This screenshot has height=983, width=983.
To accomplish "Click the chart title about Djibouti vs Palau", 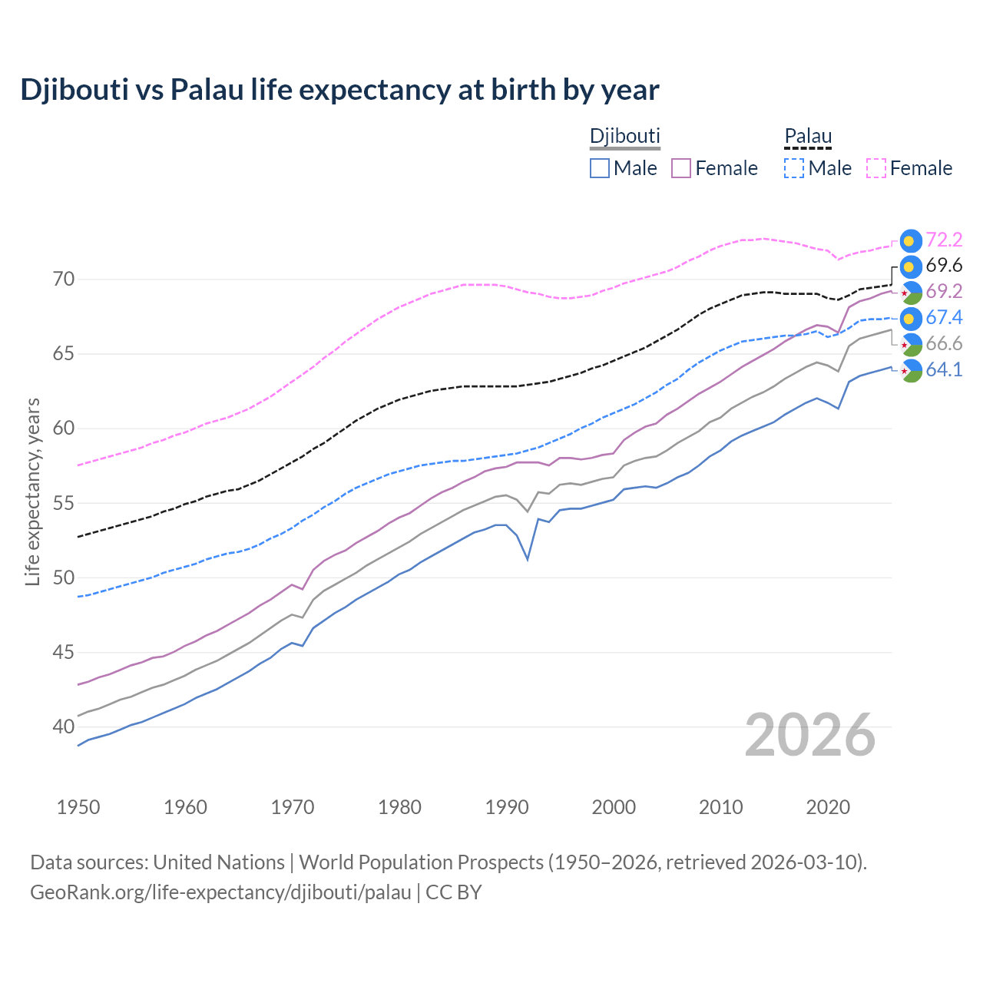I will [339, 90].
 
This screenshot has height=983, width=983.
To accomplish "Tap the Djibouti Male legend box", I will [600, 168].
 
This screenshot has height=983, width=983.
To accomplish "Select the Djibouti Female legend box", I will [681, 168].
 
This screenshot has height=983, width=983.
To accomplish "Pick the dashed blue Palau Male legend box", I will [794, 168].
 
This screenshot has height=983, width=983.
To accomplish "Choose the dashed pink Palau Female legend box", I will [876, 168].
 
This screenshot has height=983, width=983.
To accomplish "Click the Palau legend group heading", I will [808, 137].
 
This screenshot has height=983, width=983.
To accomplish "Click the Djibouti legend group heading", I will [624, 137].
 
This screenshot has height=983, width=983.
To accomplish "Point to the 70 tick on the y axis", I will [64, 279].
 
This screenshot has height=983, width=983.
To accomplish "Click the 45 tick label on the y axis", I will [64, 653].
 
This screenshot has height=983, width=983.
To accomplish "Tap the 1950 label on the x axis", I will [78, 807].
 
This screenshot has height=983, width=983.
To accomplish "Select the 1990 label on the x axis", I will [507, 807].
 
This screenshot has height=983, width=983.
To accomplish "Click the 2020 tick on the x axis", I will [828, 807].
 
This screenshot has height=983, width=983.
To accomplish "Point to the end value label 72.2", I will [944, 240].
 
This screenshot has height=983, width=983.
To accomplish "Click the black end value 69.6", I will [944, 266].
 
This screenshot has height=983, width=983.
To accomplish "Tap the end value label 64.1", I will [944, 370].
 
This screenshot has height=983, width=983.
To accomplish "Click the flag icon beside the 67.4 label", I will [910, 318].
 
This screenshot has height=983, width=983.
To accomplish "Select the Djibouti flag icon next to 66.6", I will [910, 344].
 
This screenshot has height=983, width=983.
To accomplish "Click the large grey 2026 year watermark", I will [809, 735].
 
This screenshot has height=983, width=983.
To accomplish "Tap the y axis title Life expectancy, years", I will [33, 491].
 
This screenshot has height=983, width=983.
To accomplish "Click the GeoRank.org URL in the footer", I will [220, 892].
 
